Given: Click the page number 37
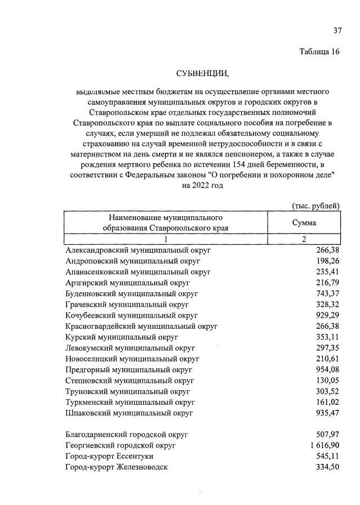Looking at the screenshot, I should pos(337,30).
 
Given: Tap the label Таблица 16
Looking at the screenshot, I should pos(319,52).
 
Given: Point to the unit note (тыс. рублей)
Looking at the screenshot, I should pos(316,205).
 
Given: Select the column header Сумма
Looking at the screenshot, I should pos(304,223).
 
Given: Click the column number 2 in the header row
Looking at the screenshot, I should pos(304,239).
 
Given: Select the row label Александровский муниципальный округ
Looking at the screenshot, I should pos(137,250).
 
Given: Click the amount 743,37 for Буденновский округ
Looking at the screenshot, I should pos(327,293).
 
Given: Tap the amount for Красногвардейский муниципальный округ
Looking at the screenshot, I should pos(327,326).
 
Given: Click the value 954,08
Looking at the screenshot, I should pos(327,369).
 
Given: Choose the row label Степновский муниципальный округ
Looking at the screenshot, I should pos(128,381).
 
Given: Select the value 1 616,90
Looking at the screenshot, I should pos(324,445).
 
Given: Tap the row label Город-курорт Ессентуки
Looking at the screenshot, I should pos(109,456).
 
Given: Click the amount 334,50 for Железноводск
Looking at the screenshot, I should pos(327,467).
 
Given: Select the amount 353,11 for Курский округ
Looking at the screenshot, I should pos(327,337).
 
